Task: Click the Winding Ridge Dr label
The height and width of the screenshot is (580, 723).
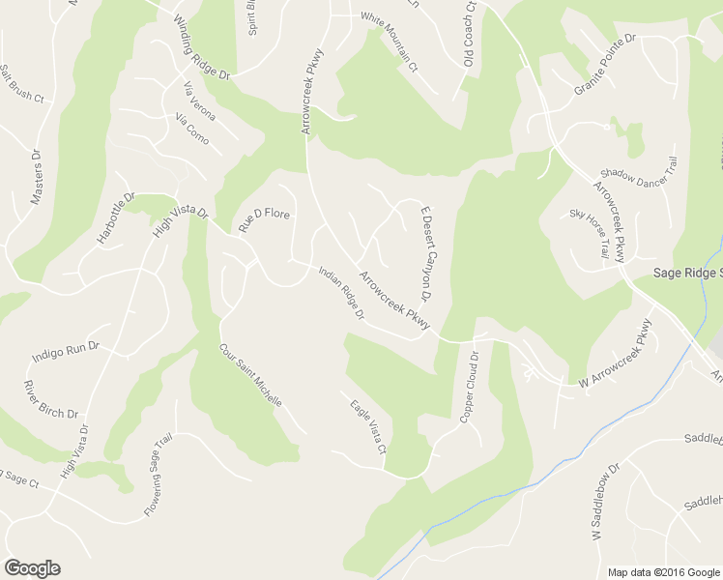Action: pos(202,47)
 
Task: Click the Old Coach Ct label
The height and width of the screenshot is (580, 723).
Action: pos(471,34)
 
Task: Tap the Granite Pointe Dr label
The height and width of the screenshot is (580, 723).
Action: pos(608,65)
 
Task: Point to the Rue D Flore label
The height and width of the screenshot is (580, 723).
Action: pos(264,219)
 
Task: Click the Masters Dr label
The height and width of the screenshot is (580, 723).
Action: pos(37,176)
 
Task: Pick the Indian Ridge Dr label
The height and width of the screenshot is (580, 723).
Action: pos(341,294)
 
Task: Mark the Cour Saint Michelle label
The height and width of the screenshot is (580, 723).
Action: pos(250,375)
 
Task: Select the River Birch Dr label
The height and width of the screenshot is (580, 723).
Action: pos(50,399)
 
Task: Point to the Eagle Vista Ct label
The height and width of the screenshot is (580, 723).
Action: pos(367,427)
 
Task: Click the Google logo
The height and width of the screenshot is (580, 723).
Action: pos(32,568)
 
